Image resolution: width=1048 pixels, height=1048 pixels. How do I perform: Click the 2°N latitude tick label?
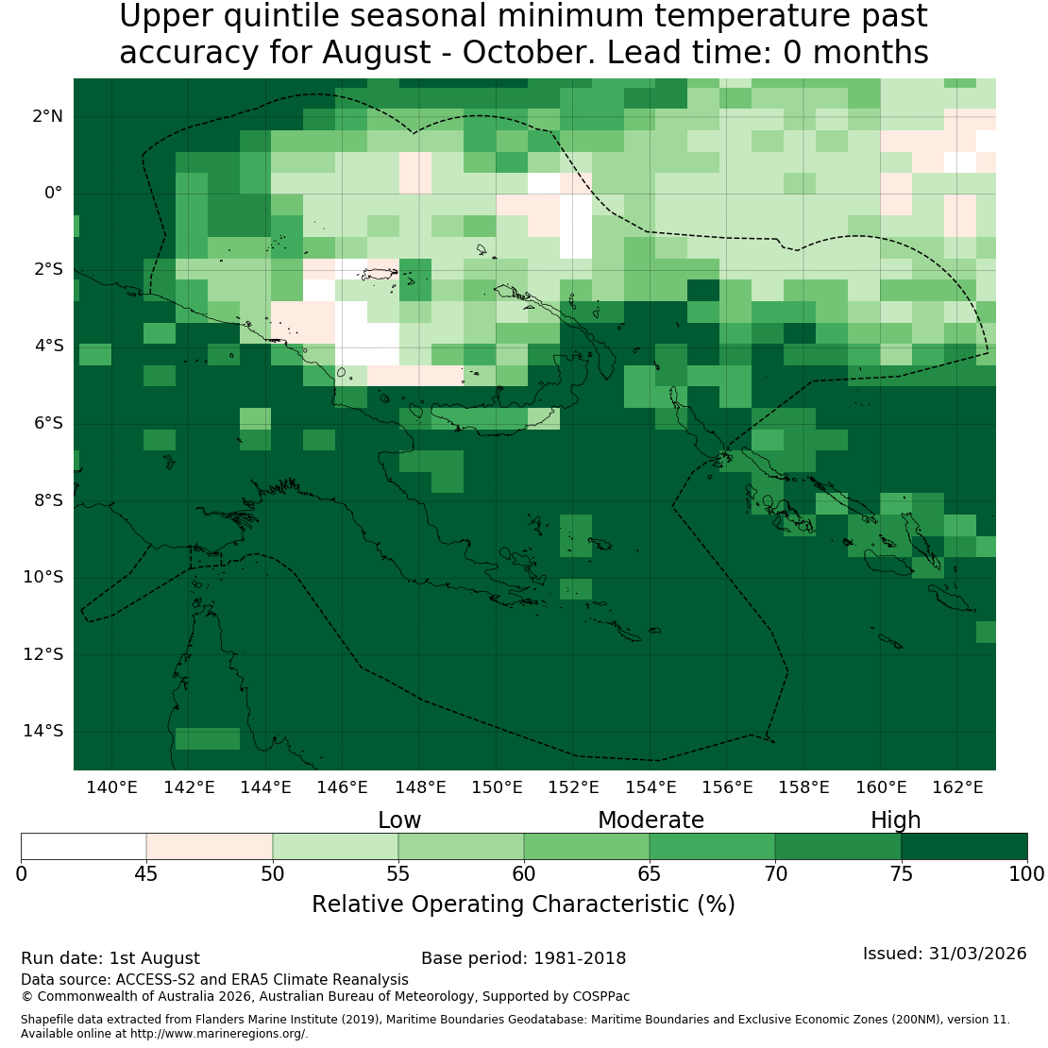[47, 116]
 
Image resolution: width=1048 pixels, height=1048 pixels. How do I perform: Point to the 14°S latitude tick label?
[43, 731]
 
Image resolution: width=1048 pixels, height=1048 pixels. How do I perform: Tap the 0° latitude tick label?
[54, 194]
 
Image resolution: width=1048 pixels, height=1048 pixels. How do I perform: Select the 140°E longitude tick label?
[111, 787]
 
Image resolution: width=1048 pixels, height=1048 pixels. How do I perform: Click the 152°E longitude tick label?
[573, 787]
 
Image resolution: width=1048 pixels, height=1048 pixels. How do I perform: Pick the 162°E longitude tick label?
[957, 787]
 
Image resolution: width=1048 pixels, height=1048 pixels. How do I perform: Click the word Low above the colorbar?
[399, 820]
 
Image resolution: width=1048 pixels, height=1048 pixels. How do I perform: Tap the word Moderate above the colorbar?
[651, 820]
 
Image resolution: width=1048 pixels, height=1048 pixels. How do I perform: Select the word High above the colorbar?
[896, 820]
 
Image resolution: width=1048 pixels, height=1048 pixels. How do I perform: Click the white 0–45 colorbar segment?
[83, 846]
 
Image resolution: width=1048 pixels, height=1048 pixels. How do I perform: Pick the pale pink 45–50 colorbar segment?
[210, 846]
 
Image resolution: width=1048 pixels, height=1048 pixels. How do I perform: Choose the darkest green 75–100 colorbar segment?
[965, 846]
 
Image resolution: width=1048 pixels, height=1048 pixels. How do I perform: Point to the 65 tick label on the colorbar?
[649, 874]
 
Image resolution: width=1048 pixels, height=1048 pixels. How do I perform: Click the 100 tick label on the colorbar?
[1027, 874]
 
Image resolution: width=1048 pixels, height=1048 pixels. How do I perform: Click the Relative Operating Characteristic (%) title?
[523, 904]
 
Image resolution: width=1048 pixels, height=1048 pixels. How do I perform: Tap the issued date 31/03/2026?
[978, 954]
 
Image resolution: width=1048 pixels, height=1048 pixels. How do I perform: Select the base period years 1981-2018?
[580, 958]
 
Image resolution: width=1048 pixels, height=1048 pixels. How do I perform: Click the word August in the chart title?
[377, 53]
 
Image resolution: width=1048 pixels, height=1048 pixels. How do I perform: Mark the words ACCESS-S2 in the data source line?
[156, 980]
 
